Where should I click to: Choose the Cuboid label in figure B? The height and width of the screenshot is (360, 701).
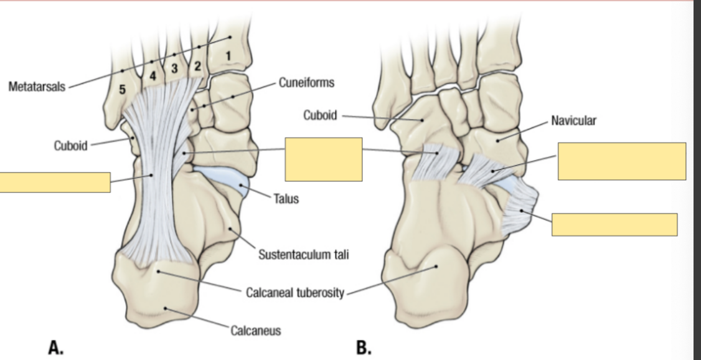click(x=320, y=115)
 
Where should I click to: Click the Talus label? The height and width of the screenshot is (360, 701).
click(x=288, y=199)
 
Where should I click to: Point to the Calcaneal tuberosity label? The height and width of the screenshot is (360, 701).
click(x=294, y=293)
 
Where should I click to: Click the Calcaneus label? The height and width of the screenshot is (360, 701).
click(x=255, y=331)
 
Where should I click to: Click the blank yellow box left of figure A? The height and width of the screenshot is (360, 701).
click(x=55, y=182)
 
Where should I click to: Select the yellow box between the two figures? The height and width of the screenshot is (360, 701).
click(x=323, y=159)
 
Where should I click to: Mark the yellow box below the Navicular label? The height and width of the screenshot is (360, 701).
click(x=621, y=161)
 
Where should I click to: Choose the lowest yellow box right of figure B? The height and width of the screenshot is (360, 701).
click(x=614, y=225)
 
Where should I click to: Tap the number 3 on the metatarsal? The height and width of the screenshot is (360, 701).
click(x=175, y=67)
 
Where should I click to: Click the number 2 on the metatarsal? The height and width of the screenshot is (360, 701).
click(x=197, y=65)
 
